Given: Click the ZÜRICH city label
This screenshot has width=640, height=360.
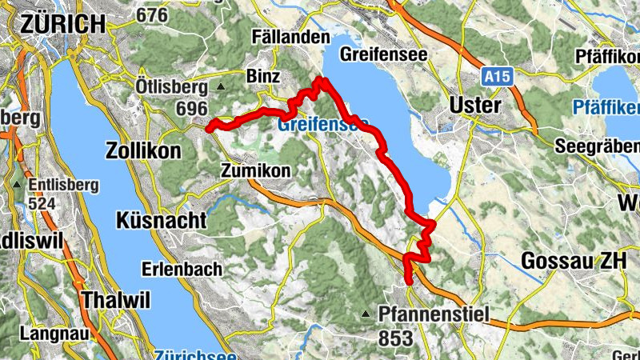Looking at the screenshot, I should pyautogui.click(x=63, y=24).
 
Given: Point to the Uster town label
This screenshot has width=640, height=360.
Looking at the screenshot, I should pyautogui.click(x=475, y=106).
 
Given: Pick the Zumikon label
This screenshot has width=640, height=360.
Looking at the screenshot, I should pyautogui.click(x=254, y=170).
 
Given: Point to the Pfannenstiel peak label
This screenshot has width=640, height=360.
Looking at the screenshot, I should pyautogui.click(x=433, y=314).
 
